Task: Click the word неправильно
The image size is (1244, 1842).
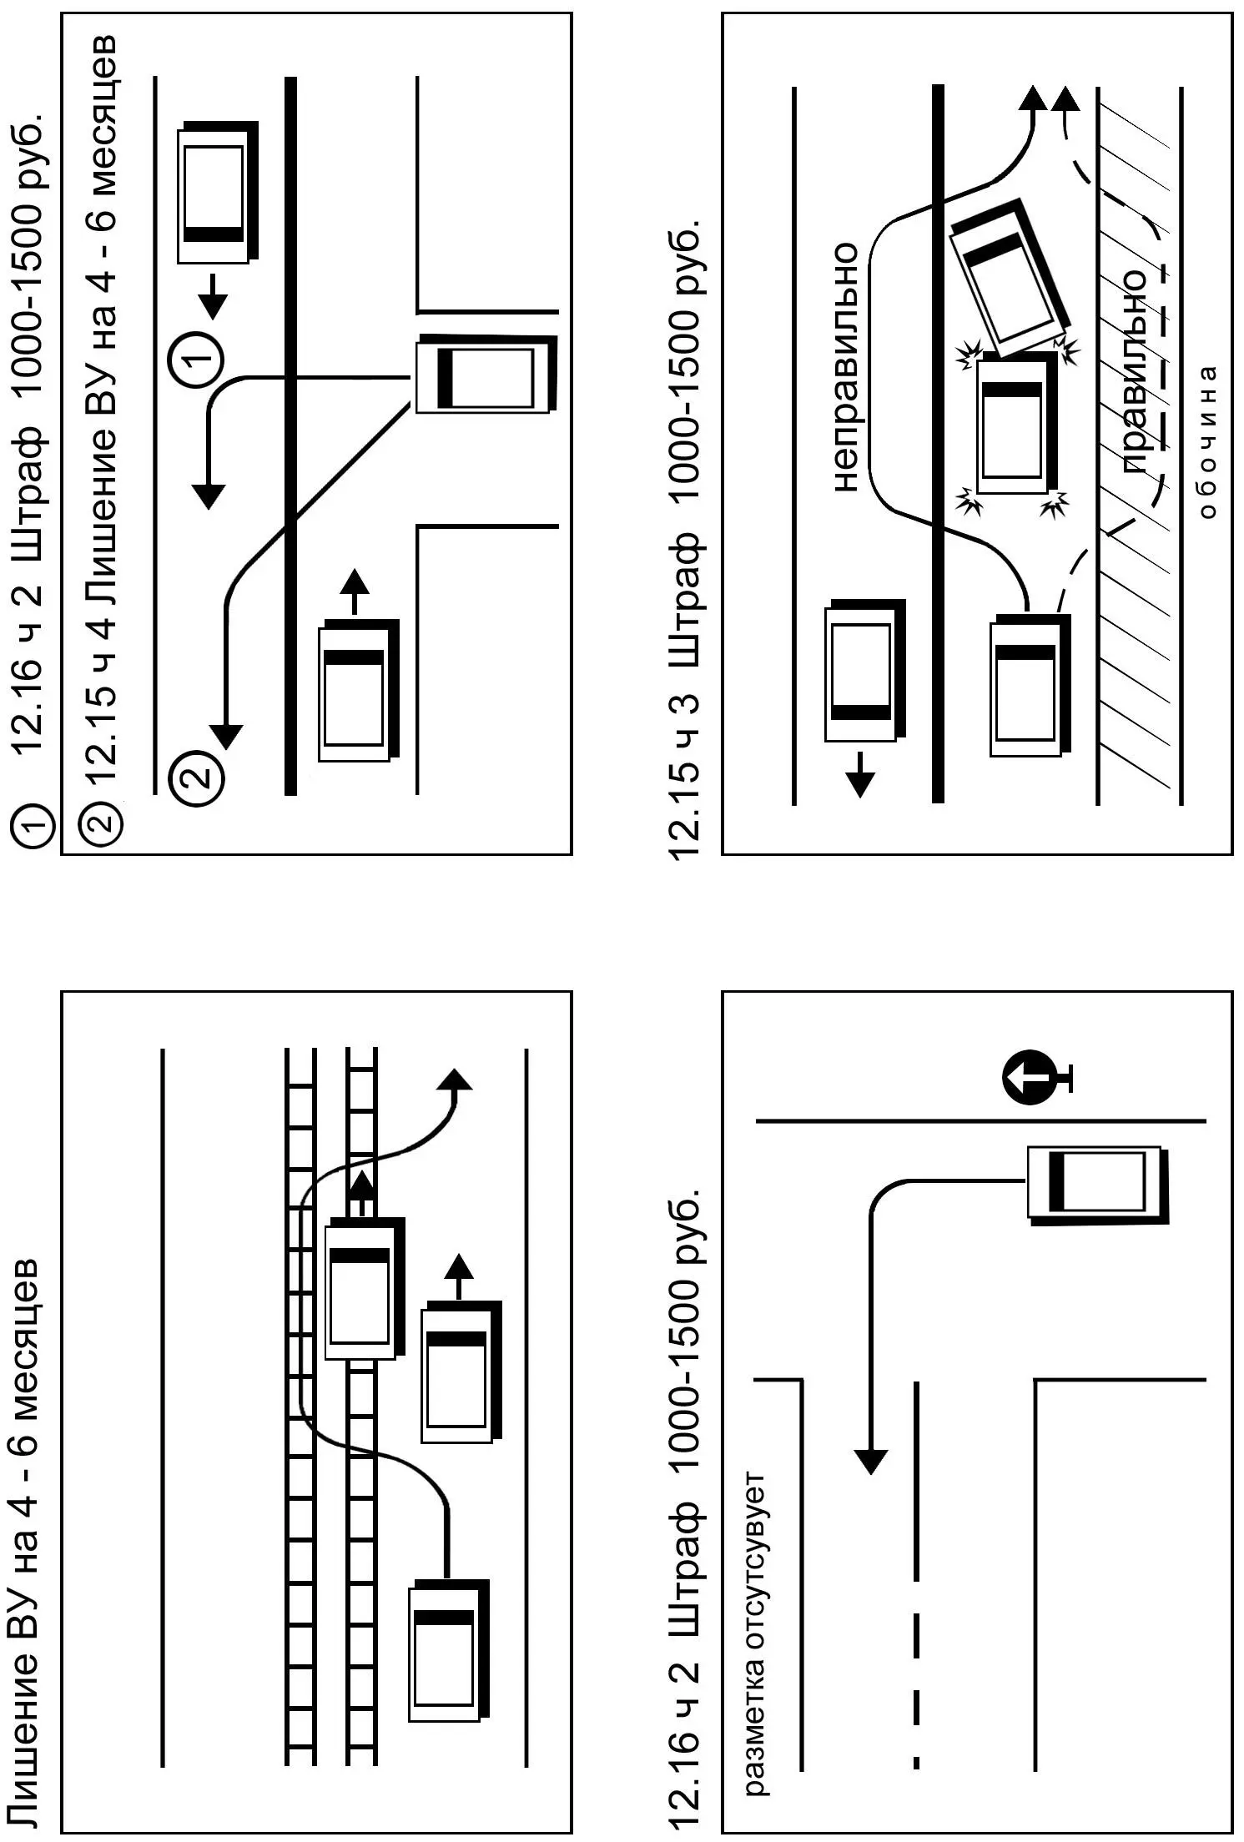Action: [x=845, y=367]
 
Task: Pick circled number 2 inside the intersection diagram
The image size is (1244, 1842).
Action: [x=196, y=778]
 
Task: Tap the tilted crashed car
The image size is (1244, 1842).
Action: [x=1010, y=276]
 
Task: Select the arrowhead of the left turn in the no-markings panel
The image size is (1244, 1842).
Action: [x=871, y=1461]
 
